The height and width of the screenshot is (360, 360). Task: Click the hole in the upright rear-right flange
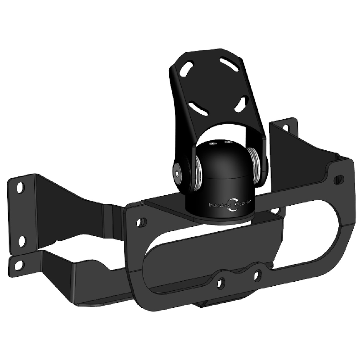285,128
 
